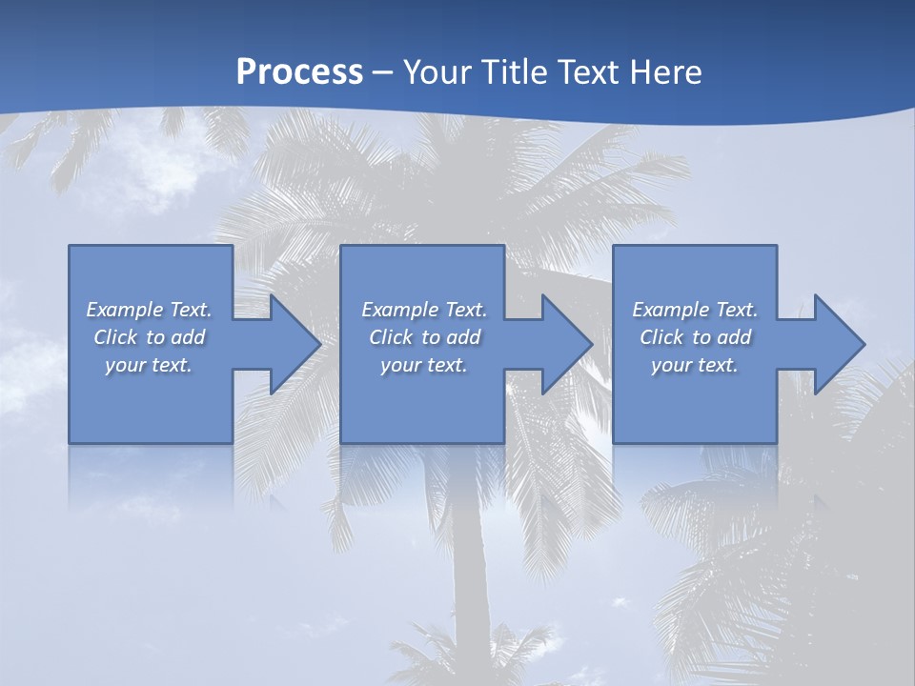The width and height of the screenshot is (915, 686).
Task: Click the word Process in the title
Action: coord(299,71)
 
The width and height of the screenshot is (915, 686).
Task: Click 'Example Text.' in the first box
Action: coord(149,310)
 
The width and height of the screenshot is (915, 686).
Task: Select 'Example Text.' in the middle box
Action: coord(423,310)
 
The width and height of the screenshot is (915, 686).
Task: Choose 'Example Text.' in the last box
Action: coord(695,310)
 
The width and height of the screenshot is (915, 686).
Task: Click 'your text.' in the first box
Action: coord(149,365)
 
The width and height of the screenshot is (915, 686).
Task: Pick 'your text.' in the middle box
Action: coord(423,365)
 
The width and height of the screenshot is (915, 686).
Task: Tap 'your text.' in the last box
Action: coord(695,365)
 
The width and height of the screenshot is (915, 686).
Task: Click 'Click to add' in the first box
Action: coord(149,337)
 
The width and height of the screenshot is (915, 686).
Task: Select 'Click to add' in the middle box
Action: coord(423,337)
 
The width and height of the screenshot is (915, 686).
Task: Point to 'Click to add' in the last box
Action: coord(695,337)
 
